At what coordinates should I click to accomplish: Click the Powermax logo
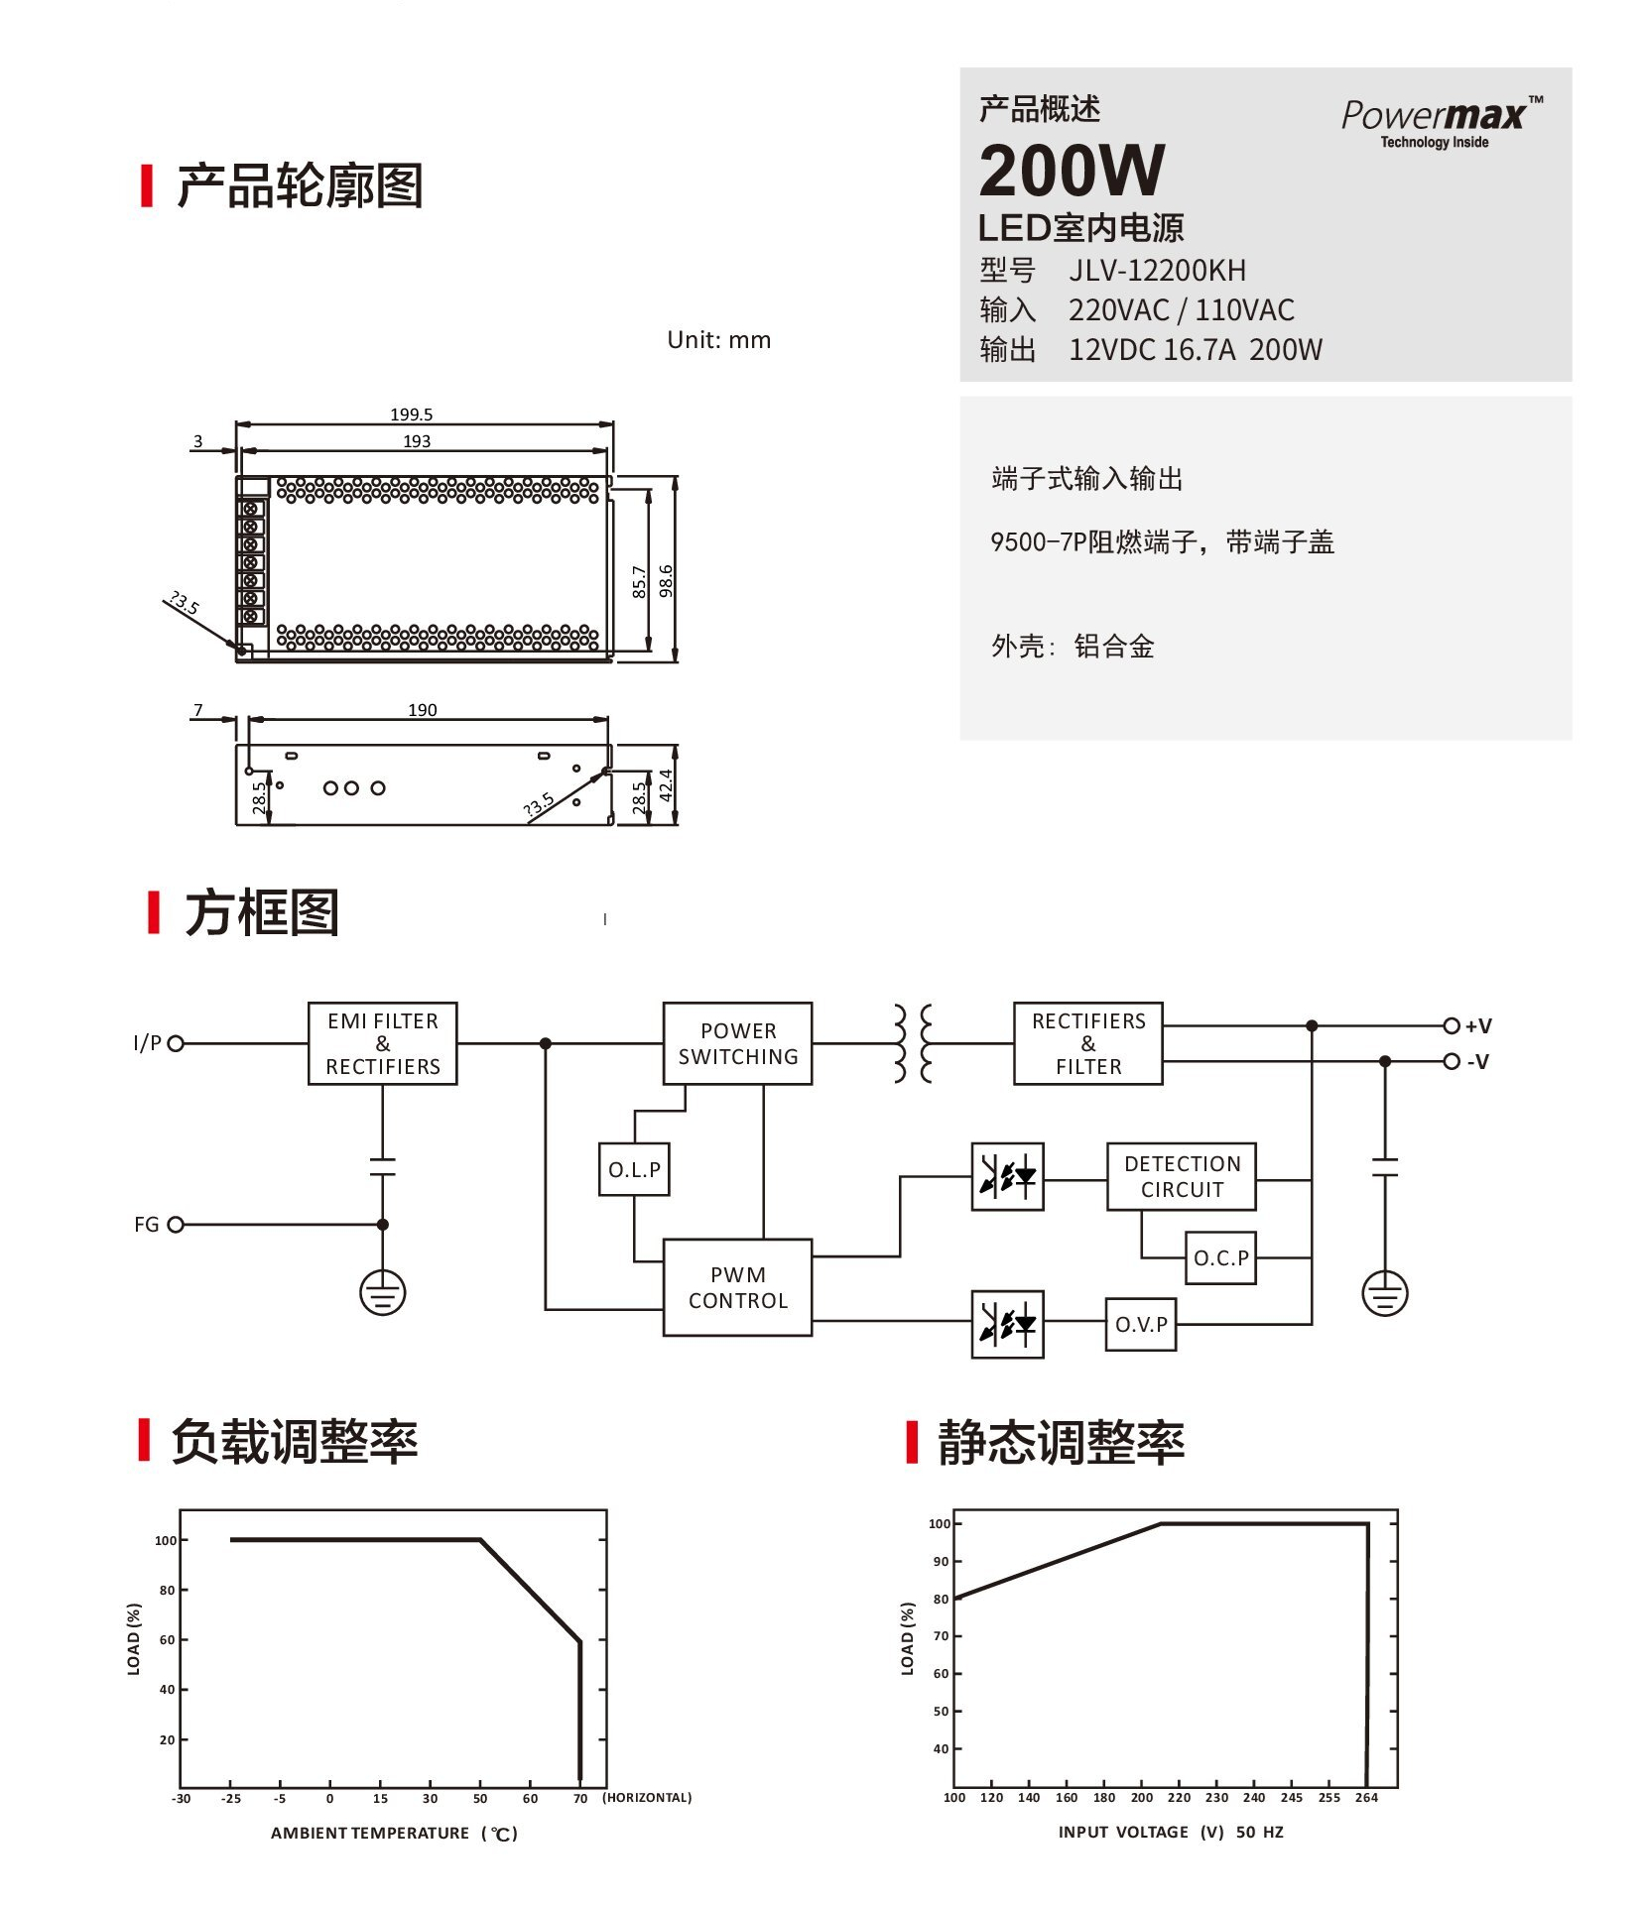[1442, 122]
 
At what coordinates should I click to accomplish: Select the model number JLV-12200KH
[1157, 270]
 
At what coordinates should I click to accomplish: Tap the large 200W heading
[1072, 171]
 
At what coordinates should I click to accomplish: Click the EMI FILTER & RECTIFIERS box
[383, 1043]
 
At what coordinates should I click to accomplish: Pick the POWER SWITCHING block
[737, 1043]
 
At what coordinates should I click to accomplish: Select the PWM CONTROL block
[737, 1287]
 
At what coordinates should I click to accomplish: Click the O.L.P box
[634, 1169]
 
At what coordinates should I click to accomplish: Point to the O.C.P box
[1220, 1257]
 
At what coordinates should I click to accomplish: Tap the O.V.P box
[1141, 1324]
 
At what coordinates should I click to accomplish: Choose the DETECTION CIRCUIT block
[1182, 1176]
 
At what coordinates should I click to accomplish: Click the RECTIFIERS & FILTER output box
[1088, 1043]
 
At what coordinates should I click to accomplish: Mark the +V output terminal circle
[1452, 1025]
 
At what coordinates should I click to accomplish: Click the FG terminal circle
[176, 1225]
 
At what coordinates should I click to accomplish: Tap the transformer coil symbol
[913, 1043]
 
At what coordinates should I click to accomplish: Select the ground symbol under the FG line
[383, 1293]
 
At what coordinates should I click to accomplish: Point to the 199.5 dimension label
[411, 415]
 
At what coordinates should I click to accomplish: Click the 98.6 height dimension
[667, 581]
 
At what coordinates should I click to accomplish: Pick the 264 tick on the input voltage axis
[1366, 1797]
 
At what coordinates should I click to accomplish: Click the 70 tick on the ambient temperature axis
[580, 1798]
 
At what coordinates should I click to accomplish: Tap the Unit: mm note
[718, 340]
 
